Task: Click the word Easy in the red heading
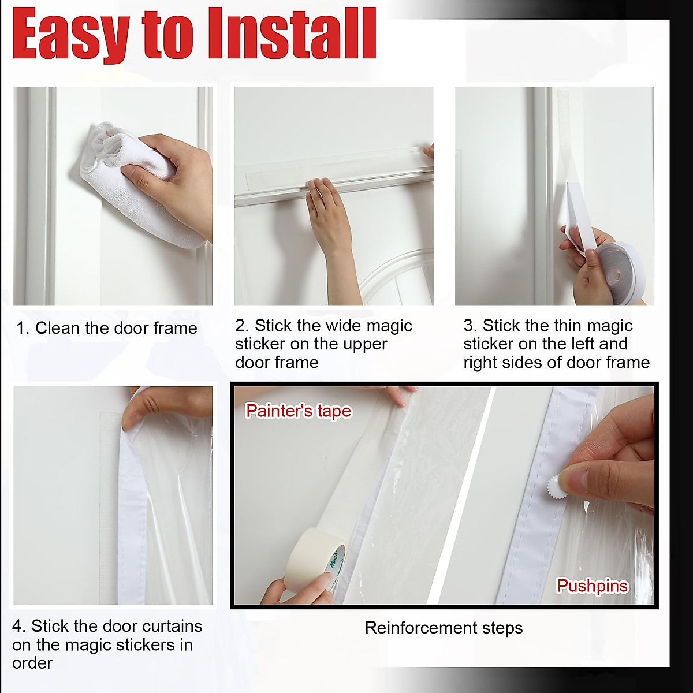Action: pyautogui.click(x=70, y=35)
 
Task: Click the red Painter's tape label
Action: pyautogui.click(x=298, y=411)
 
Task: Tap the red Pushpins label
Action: pyautogui.click(x=592, y=586)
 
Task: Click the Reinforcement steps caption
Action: pyautogui.click(x=444, y=628)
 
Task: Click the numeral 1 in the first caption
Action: pyautogui.click(x=21, y=329)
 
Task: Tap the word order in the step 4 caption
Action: pyautogui.click(x=32, y=663)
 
